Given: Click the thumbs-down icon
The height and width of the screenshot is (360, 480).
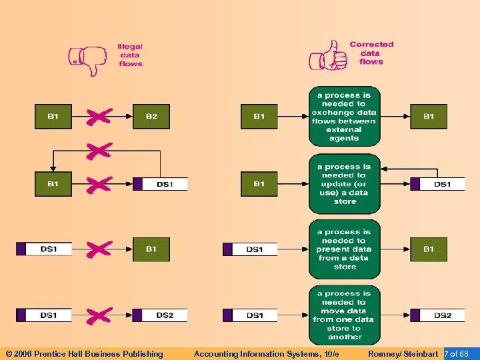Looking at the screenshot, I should pos(88,60).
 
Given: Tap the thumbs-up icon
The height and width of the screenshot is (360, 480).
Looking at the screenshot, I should pos(327,57).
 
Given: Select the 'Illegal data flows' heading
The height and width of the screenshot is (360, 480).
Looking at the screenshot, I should pos(130,55).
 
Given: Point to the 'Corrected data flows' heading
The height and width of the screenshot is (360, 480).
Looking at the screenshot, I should pos(371,53).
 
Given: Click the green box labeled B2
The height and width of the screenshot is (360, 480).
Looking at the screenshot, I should pos(151,117).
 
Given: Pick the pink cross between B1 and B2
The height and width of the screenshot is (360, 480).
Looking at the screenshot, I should pos(99,117).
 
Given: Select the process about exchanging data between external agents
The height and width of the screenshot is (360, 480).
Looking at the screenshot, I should pos(344,117).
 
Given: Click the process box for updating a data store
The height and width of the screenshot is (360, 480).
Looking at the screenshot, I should pos(344,184).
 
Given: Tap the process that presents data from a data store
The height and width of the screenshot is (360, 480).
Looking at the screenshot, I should pos(344,249).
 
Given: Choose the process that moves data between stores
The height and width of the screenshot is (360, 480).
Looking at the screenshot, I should pos(344,315).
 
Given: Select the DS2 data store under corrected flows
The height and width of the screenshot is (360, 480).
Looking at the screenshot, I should pos(437,315).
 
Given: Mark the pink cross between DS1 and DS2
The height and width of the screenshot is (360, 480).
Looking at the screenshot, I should pos(99,315).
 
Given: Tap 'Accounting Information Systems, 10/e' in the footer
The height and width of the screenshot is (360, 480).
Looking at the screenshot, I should pos(266,354).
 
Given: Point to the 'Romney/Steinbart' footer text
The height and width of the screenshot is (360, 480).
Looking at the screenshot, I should pos(403,354).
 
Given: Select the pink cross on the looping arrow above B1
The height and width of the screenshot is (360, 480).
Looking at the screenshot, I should pos(99,151).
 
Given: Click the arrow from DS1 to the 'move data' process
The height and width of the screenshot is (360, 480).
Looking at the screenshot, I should pos(293,315).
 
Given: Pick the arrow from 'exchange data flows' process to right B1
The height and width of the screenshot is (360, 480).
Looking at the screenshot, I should pos(395,117).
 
